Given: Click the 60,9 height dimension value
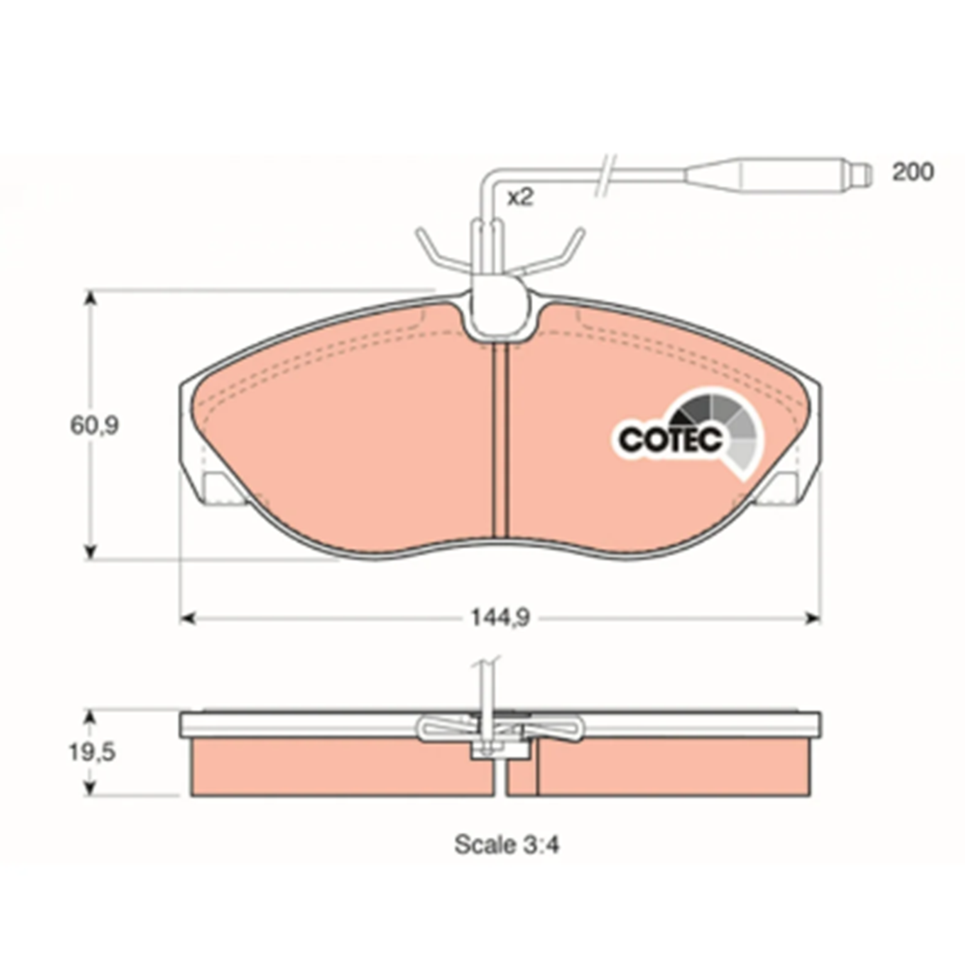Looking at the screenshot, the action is (95, 425).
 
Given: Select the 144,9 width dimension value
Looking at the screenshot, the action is (501, 618).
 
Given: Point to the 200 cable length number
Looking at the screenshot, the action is (912, 172).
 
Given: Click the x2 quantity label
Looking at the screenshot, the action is (520, 198).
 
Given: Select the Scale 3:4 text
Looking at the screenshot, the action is (507, 844).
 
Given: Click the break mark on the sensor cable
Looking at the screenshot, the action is (606, 174).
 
